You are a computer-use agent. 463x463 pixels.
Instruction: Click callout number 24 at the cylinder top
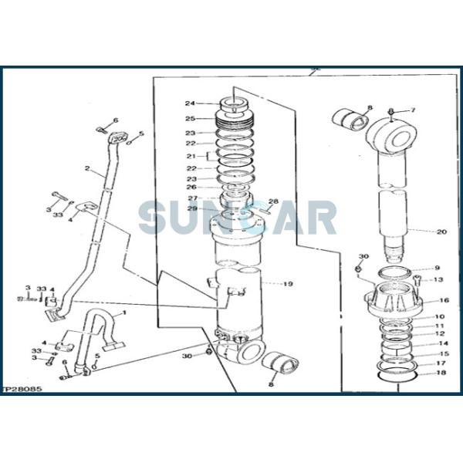(x=189, y=103)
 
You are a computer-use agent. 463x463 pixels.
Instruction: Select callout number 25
(x=189, y=118)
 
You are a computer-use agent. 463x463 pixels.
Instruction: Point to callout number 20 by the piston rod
(x=441, y=231)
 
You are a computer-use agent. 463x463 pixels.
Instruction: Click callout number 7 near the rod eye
(x=412, y=111)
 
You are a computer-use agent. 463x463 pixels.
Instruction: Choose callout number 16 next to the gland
(x=444, y=300)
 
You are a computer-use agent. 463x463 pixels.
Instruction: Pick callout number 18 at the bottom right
(x=441, y=373)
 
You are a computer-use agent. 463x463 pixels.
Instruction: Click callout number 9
(x=437, y=269)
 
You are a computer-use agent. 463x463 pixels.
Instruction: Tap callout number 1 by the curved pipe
(x=120, y=313)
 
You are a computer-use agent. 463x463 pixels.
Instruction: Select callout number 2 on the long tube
(x=87, y=168)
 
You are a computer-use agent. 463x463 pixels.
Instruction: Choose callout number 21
(x=190, y=156)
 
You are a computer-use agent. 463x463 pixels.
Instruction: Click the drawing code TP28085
(x=22, y=390)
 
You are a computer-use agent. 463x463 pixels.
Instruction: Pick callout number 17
(x=441, y=363)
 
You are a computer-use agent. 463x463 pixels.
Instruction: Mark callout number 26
(x=190, y=187)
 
